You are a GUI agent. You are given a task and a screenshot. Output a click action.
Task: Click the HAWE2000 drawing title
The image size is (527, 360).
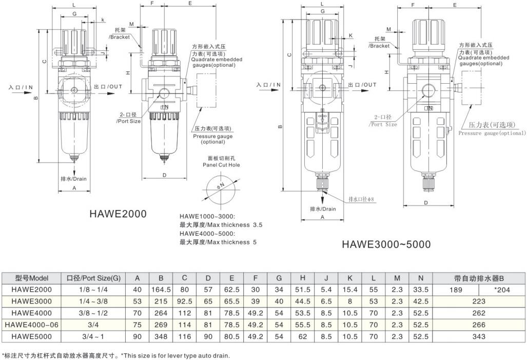(118, 214)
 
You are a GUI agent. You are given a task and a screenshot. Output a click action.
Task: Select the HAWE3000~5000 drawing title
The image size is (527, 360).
(386, 244)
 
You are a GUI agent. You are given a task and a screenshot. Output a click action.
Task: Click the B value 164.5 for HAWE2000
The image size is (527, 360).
(161, 289)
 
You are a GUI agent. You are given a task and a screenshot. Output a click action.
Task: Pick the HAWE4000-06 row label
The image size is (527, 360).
(32, 325)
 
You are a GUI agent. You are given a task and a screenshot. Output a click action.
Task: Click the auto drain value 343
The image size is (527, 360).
(479, 336)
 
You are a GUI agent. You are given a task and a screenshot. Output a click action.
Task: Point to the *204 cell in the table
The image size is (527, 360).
(502, 290)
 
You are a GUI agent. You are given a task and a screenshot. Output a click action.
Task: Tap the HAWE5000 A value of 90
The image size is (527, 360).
(137, 336)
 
